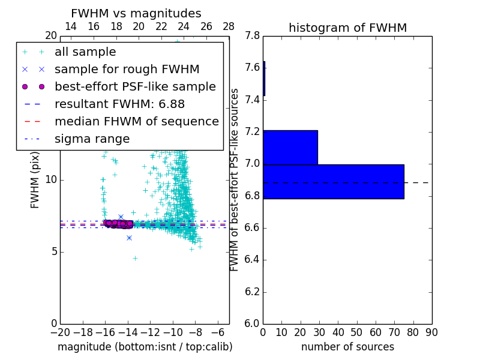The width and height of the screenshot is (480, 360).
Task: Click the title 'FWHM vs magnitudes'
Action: (136, 13)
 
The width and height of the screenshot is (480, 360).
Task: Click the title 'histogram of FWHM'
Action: (347, 28)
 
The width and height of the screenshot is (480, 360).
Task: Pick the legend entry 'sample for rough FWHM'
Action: (127, 69)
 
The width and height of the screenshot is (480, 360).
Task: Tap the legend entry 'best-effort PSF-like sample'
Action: (135, 86)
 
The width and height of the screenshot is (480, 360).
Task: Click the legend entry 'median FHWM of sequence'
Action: (136, 121)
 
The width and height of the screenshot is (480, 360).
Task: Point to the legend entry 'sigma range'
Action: (92, 139)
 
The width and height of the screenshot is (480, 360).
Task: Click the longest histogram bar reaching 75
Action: (333, 181)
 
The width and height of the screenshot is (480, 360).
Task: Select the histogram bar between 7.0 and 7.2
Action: (290, 147)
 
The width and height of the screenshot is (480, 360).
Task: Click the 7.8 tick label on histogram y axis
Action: (253, 35)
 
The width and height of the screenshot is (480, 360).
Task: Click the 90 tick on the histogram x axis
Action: (431, 332)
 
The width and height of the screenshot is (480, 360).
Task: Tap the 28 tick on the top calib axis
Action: (229, 26)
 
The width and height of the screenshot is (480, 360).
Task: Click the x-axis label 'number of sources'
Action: (347, 347)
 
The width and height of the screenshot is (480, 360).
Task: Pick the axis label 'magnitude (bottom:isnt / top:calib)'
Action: (145, 347)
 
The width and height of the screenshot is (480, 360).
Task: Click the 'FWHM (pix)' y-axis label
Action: (35, 179)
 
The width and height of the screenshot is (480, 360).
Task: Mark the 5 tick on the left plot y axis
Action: (53, 251)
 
